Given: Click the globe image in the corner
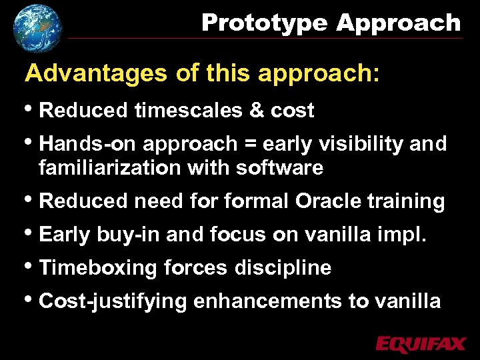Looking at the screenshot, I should coord(37,27).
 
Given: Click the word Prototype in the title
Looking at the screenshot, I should coord(265,23).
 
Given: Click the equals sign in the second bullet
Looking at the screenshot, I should coord(249,145).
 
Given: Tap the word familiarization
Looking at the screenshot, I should coord(110,168).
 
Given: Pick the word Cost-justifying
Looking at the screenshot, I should coord(113,301).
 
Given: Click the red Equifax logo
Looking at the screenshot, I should coord(421,344).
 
